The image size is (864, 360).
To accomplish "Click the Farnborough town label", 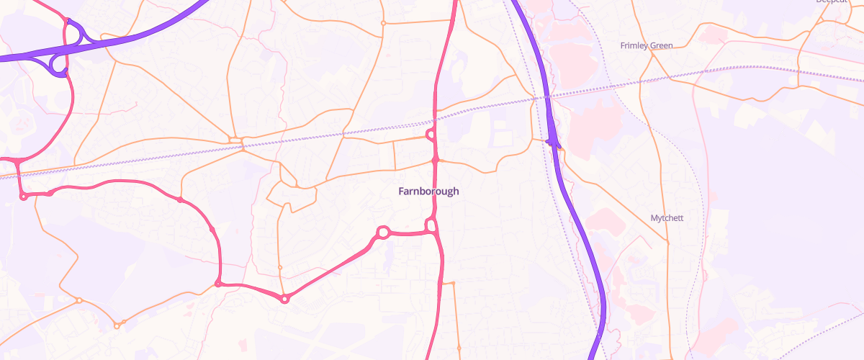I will (428, 192).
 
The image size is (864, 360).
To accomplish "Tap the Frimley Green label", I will (647, 45).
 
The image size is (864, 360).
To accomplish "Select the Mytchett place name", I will (665, 217).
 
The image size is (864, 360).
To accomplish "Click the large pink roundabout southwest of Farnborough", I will (383, 232).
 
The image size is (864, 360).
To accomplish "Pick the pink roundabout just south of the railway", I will (431, 134).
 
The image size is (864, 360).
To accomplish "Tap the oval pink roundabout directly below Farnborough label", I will (432, 226).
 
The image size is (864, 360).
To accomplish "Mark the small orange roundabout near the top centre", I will (383, 23).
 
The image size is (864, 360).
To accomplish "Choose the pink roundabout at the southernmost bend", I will (285, 298).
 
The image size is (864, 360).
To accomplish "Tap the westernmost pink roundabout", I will (24, 196).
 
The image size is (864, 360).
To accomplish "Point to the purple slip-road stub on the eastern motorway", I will (553, 143).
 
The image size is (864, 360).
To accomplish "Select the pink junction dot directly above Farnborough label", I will (436, 158).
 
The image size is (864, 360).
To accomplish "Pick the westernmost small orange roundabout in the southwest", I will (79, 300).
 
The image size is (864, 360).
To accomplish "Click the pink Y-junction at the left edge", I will (16, 160).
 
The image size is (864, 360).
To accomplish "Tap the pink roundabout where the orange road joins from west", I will (218, 284).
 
